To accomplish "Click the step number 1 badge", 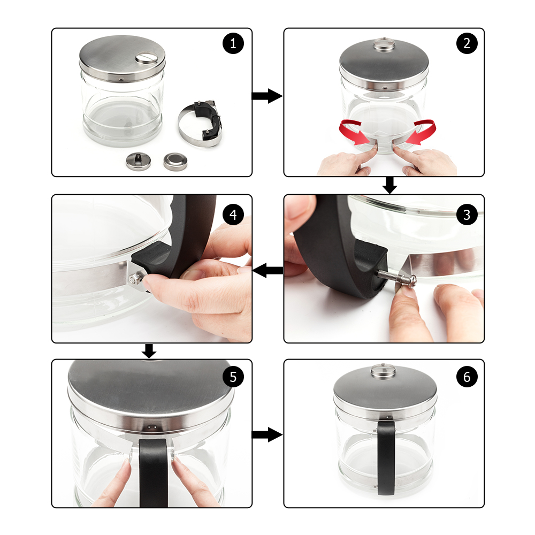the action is pos(233,43).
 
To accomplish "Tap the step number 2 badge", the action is pos(467,43).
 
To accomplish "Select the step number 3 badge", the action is pos(467,215).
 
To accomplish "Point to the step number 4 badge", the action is pos(233,215).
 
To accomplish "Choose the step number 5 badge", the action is pos(233,377).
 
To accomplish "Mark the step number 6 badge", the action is pos(467,377).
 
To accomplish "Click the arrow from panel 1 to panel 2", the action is pos(267,96).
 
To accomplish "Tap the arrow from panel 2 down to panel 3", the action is pos(389,185).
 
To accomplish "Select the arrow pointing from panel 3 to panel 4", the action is pos(268,271).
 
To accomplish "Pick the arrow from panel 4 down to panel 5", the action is pos(149,351).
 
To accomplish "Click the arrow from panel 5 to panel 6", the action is pos(267,434).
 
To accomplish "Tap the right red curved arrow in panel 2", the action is pos(421,132).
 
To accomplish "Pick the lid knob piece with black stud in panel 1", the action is pos(138,162).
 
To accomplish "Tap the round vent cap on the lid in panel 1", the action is pos(146,58).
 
